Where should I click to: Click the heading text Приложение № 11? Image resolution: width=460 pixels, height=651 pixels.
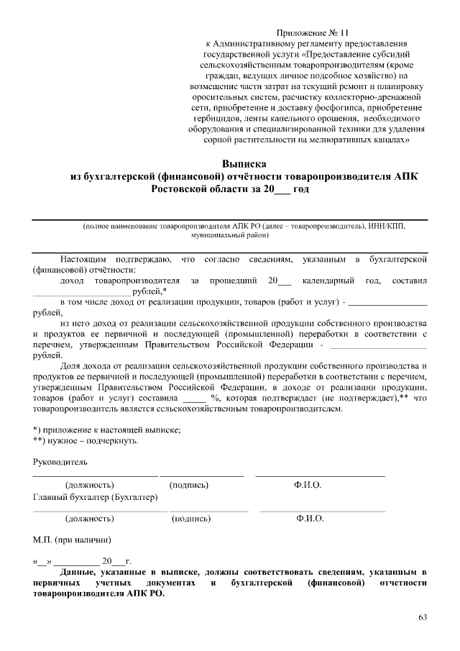click(x=312, y=33)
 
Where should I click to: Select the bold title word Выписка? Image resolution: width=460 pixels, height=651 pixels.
click(x=244, y=163)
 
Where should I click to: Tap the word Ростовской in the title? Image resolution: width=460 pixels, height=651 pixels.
click(x=182, y=188)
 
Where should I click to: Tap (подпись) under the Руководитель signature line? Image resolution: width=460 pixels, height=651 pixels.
click(x=189, y=486)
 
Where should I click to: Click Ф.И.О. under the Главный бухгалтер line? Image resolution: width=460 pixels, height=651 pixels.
click(x=309, y=518)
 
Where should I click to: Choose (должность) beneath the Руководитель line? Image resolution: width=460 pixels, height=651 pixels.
click(x=89, y=486)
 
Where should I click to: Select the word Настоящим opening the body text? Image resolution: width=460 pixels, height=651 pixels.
click(x=82, y=258)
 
